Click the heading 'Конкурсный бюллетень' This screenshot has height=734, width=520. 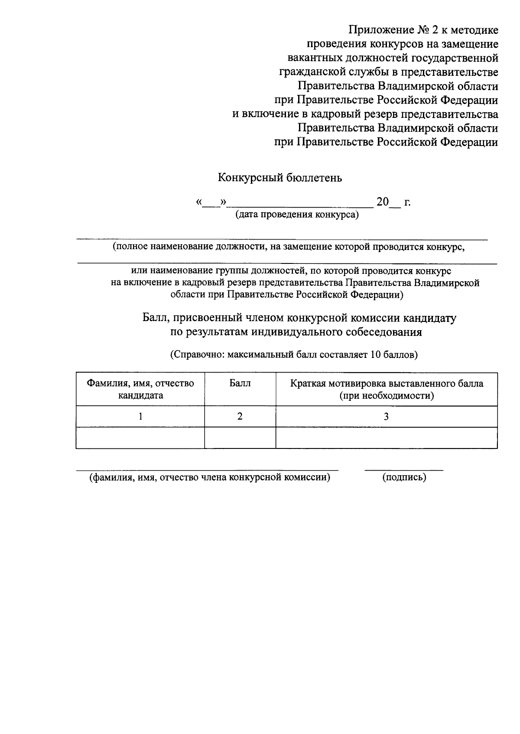279,178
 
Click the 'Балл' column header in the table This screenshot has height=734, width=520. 240,383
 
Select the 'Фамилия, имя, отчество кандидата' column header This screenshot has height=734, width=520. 140,389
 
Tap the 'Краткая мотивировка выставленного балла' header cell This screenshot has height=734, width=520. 386,389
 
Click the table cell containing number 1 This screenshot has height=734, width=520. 140,416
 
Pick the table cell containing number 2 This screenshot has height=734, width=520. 240,416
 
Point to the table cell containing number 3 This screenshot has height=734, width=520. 386,416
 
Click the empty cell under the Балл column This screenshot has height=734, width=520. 240,438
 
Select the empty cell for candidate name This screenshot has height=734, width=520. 140,438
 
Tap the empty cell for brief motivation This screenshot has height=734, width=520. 386,438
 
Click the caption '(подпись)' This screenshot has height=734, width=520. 404,477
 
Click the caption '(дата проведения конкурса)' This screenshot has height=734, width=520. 297,214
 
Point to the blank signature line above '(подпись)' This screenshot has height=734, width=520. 404,468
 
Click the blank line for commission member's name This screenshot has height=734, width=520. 207,468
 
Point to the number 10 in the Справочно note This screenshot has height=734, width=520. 375,355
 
